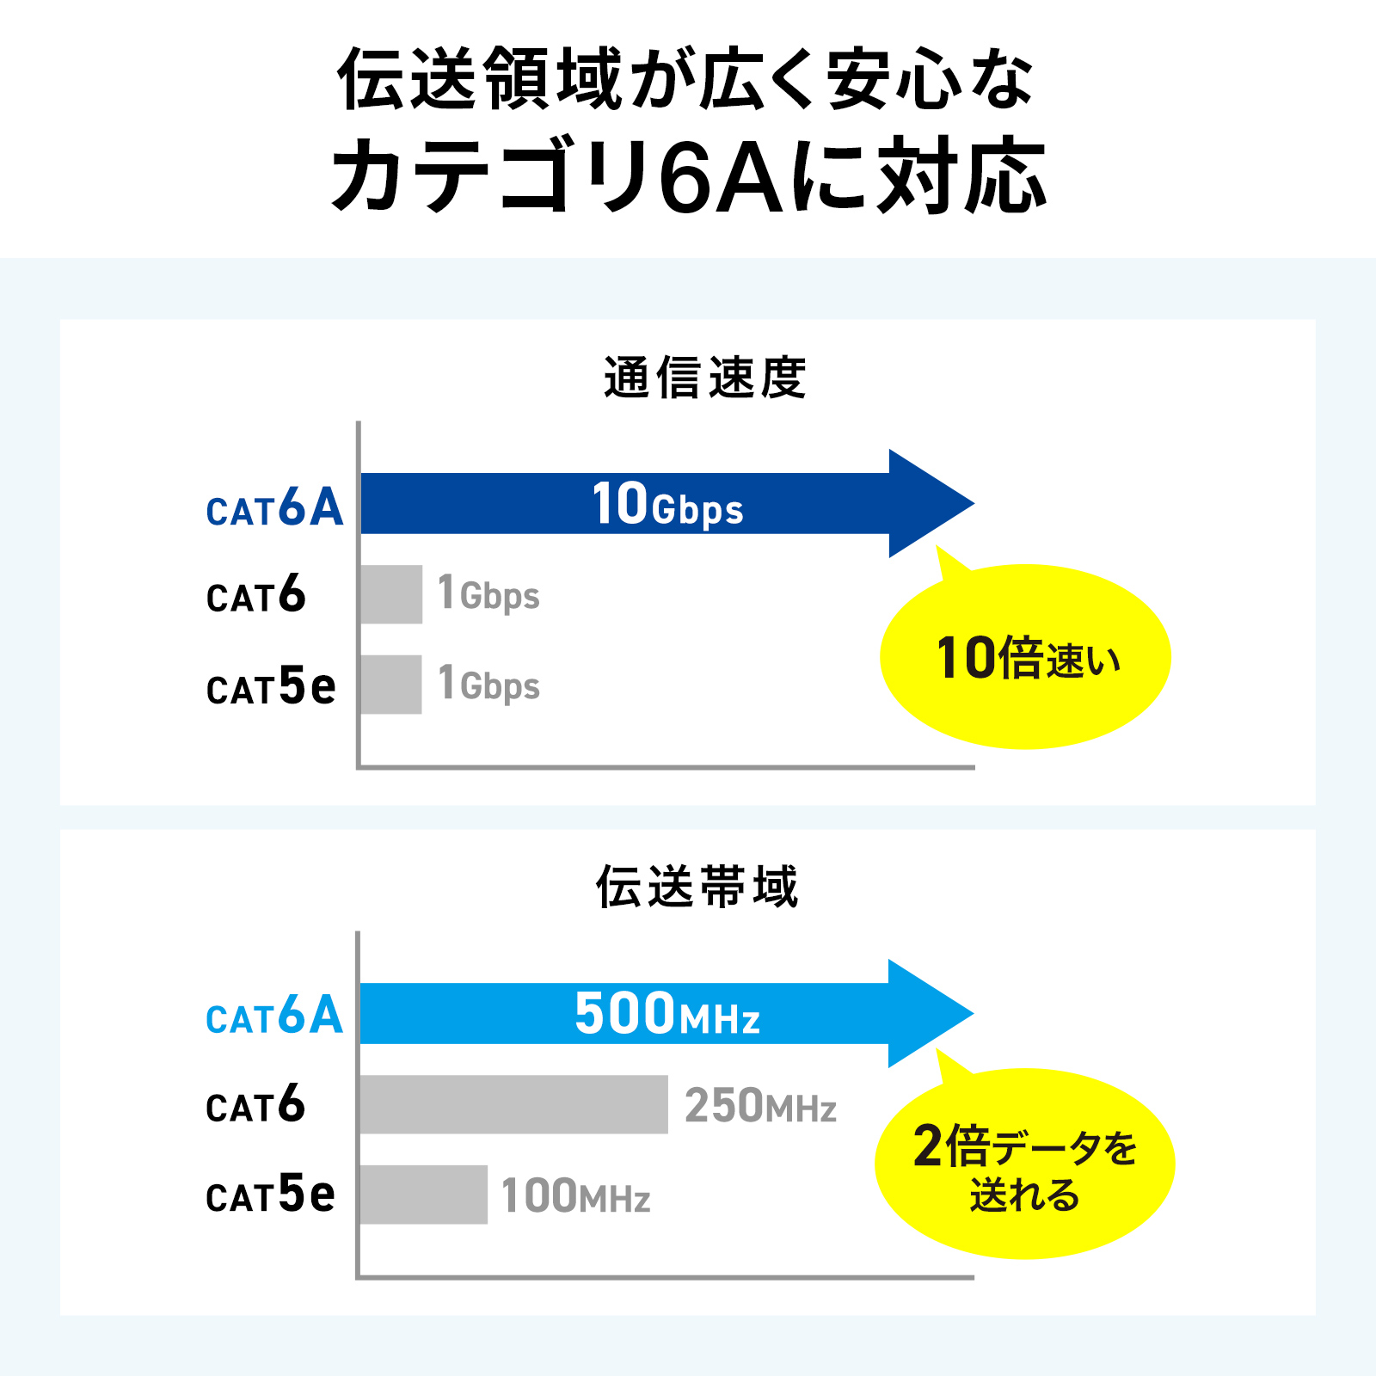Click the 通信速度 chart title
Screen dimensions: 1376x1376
704,378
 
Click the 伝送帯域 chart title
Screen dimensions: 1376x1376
697,887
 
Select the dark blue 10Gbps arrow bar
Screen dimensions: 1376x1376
667,503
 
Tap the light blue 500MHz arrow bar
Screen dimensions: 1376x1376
667,1013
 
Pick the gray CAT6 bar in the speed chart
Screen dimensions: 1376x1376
391,594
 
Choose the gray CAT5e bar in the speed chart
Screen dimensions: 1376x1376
391,685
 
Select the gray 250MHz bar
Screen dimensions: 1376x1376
514,1104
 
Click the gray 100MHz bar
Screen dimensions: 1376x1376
424,1195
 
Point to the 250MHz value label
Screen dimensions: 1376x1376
760,1106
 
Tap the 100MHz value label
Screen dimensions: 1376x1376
575,1196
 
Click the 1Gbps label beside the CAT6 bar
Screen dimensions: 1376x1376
488,593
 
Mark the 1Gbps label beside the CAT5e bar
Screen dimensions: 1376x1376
488,684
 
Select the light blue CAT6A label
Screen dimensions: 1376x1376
274,1015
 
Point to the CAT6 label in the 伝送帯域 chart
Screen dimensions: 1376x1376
255,1104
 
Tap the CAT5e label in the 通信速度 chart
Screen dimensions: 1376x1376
271,686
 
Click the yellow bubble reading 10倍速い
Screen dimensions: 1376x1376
1025,657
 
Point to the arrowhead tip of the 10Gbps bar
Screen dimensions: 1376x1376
974,503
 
